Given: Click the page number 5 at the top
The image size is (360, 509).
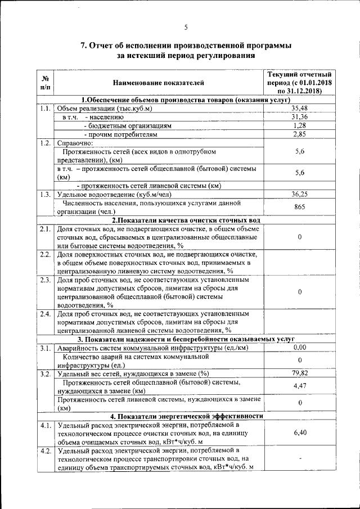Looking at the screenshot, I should [186, 27].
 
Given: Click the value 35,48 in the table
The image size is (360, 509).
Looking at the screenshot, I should [299, 108].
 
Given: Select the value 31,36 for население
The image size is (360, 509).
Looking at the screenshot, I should [299, 116].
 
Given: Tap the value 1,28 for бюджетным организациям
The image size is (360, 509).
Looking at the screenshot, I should [299, 125].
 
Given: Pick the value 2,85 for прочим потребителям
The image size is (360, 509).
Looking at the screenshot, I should [299, 134].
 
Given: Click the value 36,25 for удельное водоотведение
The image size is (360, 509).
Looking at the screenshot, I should [299, 194].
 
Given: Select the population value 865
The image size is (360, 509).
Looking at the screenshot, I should [299, 207].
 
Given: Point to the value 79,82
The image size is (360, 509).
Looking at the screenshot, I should [299, 373].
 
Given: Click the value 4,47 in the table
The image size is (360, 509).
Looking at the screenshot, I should [299, 386].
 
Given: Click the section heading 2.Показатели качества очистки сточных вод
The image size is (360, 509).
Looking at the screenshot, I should [186, 220].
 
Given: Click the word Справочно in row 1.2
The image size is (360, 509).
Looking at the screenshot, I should [75, 143].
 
